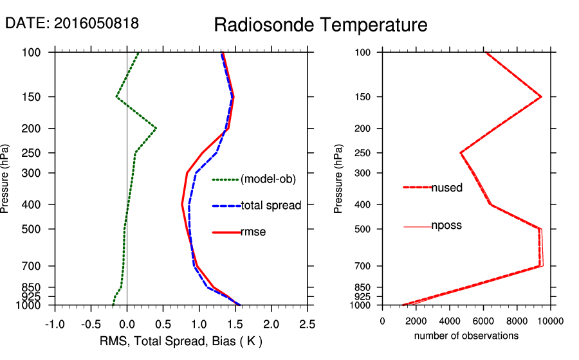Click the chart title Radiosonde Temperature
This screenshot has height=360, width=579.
point(320,25)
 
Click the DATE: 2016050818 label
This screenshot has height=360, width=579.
point(72,23)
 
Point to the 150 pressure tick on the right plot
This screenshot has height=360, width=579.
point(363,97)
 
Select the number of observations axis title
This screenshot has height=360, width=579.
point(466,336)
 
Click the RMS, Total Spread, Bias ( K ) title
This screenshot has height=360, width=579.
point(181,340)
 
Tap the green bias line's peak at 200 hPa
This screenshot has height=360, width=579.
point(156,129)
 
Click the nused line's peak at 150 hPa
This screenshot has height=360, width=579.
point(541,97)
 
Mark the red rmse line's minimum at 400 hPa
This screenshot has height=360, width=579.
point(183,204)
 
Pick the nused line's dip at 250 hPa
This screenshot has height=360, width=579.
point(461,153)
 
